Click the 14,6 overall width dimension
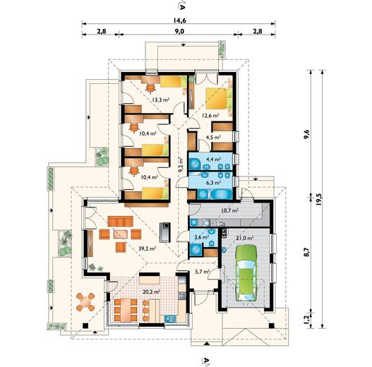(x=179, y=20)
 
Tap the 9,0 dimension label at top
(x=179, y=31)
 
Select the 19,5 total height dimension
(x=318, y=199)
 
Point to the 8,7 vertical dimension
(x=307, y=252)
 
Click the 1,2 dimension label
(x=307, y=319)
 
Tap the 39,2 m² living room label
(x=147, y=248)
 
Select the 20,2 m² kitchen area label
(x=151, y=292)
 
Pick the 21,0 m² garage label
(x=245, y=237)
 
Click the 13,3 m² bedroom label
(x=161, y=100)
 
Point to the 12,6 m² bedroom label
(x=210, y=116)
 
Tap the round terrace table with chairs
(x=85, y=302)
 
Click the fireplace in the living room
(x=165, y=232)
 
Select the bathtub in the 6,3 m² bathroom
(x=222, y=195)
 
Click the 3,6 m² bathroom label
(x=201, y=236)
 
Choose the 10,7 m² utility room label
(x=229, y=210)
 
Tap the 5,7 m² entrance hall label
(x=202, y=271)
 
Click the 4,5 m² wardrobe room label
(x=213, y=137)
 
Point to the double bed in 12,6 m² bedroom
(x=219, y=98)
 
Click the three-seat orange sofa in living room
(x=120, y=222)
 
